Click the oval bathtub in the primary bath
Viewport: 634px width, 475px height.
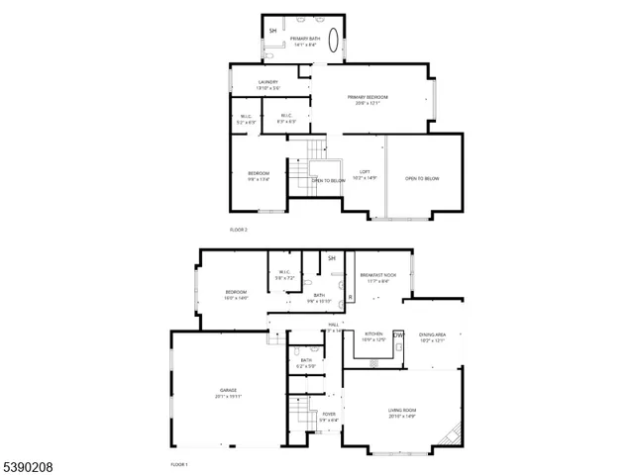coord(334,45)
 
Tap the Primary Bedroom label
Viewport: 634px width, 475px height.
coord(368,98)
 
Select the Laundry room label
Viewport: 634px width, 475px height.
coord(267,82)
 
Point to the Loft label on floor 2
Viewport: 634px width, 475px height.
coord(365,172)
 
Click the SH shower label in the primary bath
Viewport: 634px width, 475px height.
coord(273,31)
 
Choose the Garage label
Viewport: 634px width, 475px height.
coord(228,391)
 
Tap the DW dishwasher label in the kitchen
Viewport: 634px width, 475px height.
coord(399,334)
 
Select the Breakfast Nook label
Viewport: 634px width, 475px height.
coord(377,274)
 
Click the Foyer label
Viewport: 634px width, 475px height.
coord(329,415)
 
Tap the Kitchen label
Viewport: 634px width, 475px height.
coord(373,334)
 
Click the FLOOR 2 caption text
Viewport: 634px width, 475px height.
coord(238,229)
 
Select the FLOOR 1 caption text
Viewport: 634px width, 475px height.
coord(178,464)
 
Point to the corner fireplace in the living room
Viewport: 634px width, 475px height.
coord(455,435)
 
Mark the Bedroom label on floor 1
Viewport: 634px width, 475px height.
coord(236,292)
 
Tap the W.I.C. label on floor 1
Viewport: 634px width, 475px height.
coord(284,273)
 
